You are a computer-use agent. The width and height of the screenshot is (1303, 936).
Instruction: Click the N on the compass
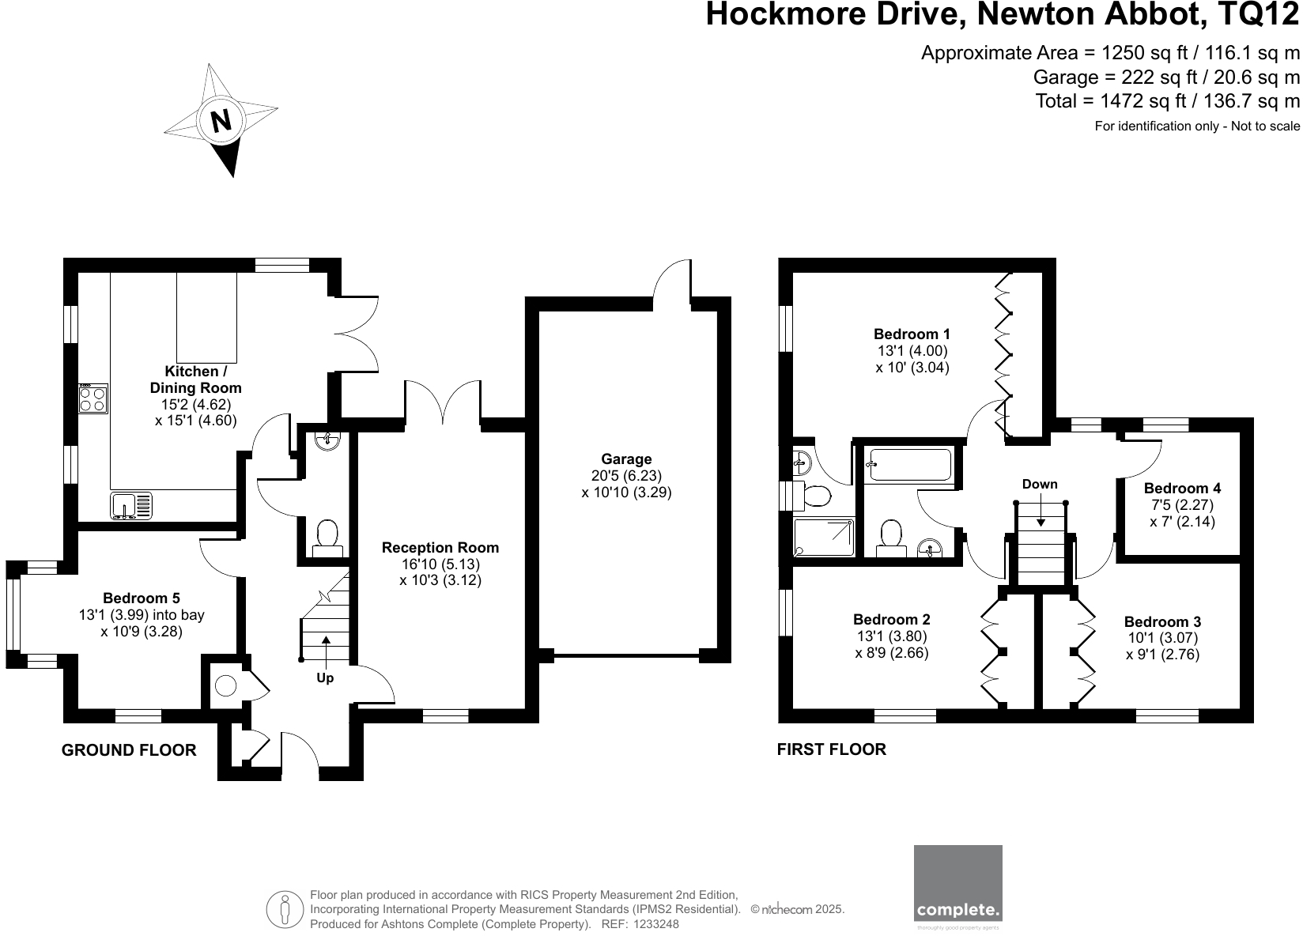pos(221,121)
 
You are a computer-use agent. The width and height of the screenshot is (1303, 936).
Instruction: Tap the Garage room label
pos(626,459)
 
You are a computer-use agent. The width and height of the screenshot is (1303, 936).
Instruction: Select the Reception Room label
pos(440,548)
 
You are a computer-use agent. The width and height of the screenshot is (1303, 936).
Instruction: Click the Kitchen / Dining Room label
pos(195,379)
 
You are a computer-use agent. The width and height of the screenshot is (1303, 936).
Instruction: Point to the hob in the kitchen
pos(93,398)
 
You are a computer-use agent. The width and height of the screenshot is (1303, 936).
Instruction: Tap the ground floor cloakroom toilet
pos(327,535)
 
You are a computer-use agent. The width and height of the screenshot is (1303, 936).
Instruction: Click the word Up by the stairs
pos(325,678)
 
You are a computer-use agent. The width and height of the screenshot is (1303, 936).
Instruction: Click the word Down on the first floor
pos(1039,484)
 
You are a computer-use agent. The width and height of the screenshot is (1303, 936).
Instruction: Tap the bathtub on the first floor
pos(908,465)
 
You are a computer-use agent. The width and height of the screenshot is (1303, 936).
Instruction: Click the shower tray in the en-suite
pos(824,537)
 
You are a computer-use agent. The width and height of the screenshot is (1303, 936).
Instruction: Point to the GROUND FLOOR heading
pos(129,750)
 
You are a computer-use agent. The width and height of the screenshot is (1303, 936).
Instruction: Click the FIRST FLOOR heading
pos(832,749)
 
